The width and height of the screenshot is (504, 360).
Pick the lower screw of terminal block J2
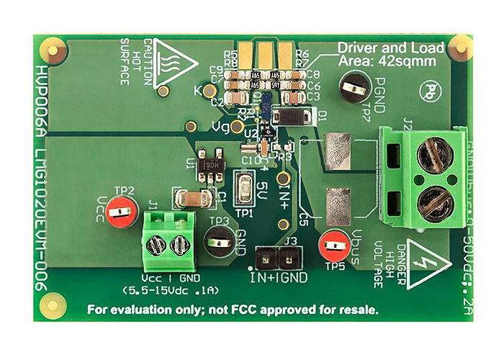pyautogui.click(x=434, y=202)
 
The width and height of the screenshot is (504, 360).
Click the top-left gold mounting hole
pyautogui.click(x=52, y=48)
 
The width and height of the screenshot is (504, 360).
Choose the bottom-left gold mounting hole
pyautogui.click(x=50, y=305)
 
